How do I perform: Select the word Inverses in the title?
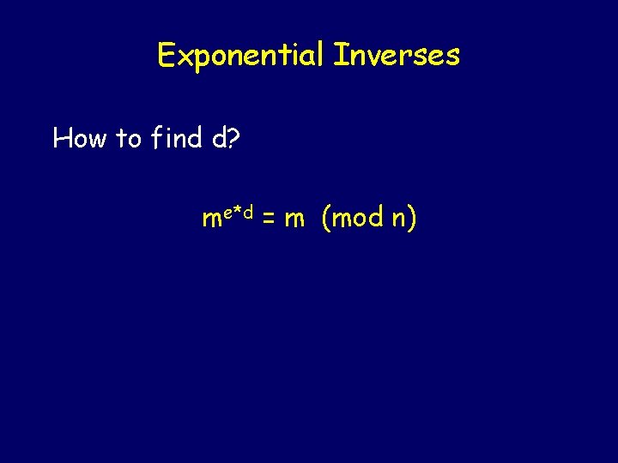397,56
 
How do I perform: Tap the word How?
82,137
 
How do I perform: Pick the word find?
177,137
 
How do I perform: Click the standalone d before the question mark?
219,137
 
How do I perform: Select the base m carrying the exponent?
211,220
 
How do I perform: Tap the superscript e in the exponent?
228,212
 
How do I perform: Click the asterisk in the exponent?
238,210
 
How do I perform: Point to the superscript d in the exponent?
248,211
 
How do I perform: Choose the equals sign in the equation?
268,220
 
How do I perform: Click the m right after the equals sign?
294,220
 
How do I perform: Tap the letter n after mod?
398,220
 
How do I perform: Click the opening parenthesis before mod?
327,219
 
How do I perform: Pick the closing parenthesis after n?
413,219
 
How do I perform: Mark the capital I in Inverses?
337,56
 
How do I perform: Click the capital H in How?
62,137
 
